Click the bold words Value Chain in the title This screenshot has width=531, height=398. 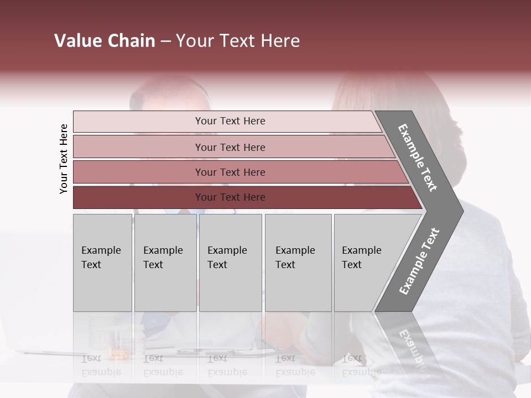[105, 41]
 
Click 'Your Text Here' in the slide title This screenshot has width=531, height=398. [238, 41]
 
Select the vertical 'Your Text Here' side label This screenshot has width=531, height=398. [64, 159]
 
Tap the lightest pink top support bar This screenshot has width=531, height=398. [230, 121]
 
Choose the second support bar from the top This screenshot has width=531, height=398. [230, 147]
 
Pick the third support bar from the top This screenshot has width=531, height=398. [230, 172]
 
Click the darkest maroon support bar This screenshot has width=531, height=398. [230, 197]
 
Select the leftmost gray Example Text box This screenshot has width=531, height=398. [102, 263]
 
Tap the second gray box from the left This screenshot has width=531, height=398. [165, 263]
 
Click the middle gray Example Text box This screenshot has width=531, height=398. [230, 263]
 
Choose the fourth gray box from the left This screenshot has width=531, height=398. [298, 263]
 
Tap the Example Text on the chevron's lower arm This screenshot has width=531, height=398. [419, 261]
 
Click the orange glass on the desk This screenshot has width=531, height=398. [118, 351]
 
